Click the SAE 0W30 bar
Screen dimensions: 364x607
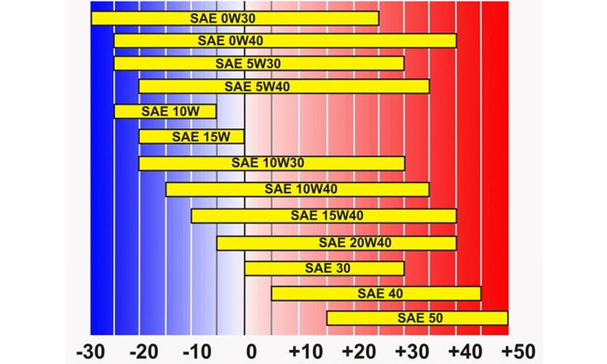coord(234,17)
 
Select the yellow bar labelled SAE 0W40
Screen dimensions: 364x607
coord(285,41)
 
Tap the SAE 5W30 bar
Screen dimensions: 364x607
coord(258,64)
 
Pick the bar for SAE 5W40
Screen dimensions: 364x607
coord(284,87)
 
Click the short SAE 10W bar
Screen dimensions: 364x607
coord(165,111)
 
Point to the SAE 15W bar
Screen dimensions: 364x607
coord(191,136)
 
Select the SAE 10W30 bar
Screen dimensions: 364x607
coord(271,163)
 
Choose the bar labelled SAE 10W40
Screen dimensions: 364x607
coord(297,189)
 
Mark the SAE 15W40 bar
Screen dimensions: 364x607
coord(323,215)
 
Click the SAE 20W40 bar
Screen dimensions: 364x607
coord(336,242)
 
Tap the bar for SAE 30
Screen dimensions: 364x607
coord(324,268)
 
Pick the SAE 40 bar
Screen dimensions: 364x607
coord(376,293)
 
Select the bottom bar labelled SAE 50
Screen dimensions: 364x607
coord(416,318)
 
